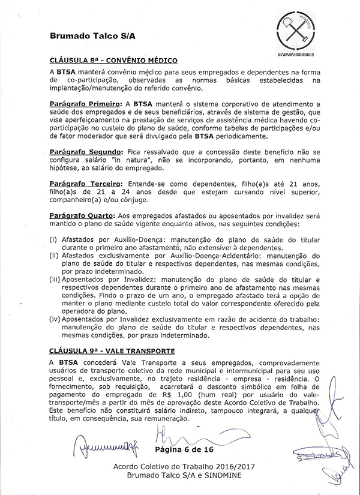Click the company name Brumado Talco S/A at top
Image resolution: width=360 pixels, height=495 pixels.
coord(92,35)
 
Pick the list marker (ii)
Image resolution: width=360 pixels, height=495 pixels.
coord(54,255)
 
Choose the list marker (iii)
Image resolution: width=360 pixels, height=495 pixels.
coord(55,280)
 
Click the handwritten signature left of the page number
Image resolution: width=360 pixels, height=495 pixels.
coord(102,447)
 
